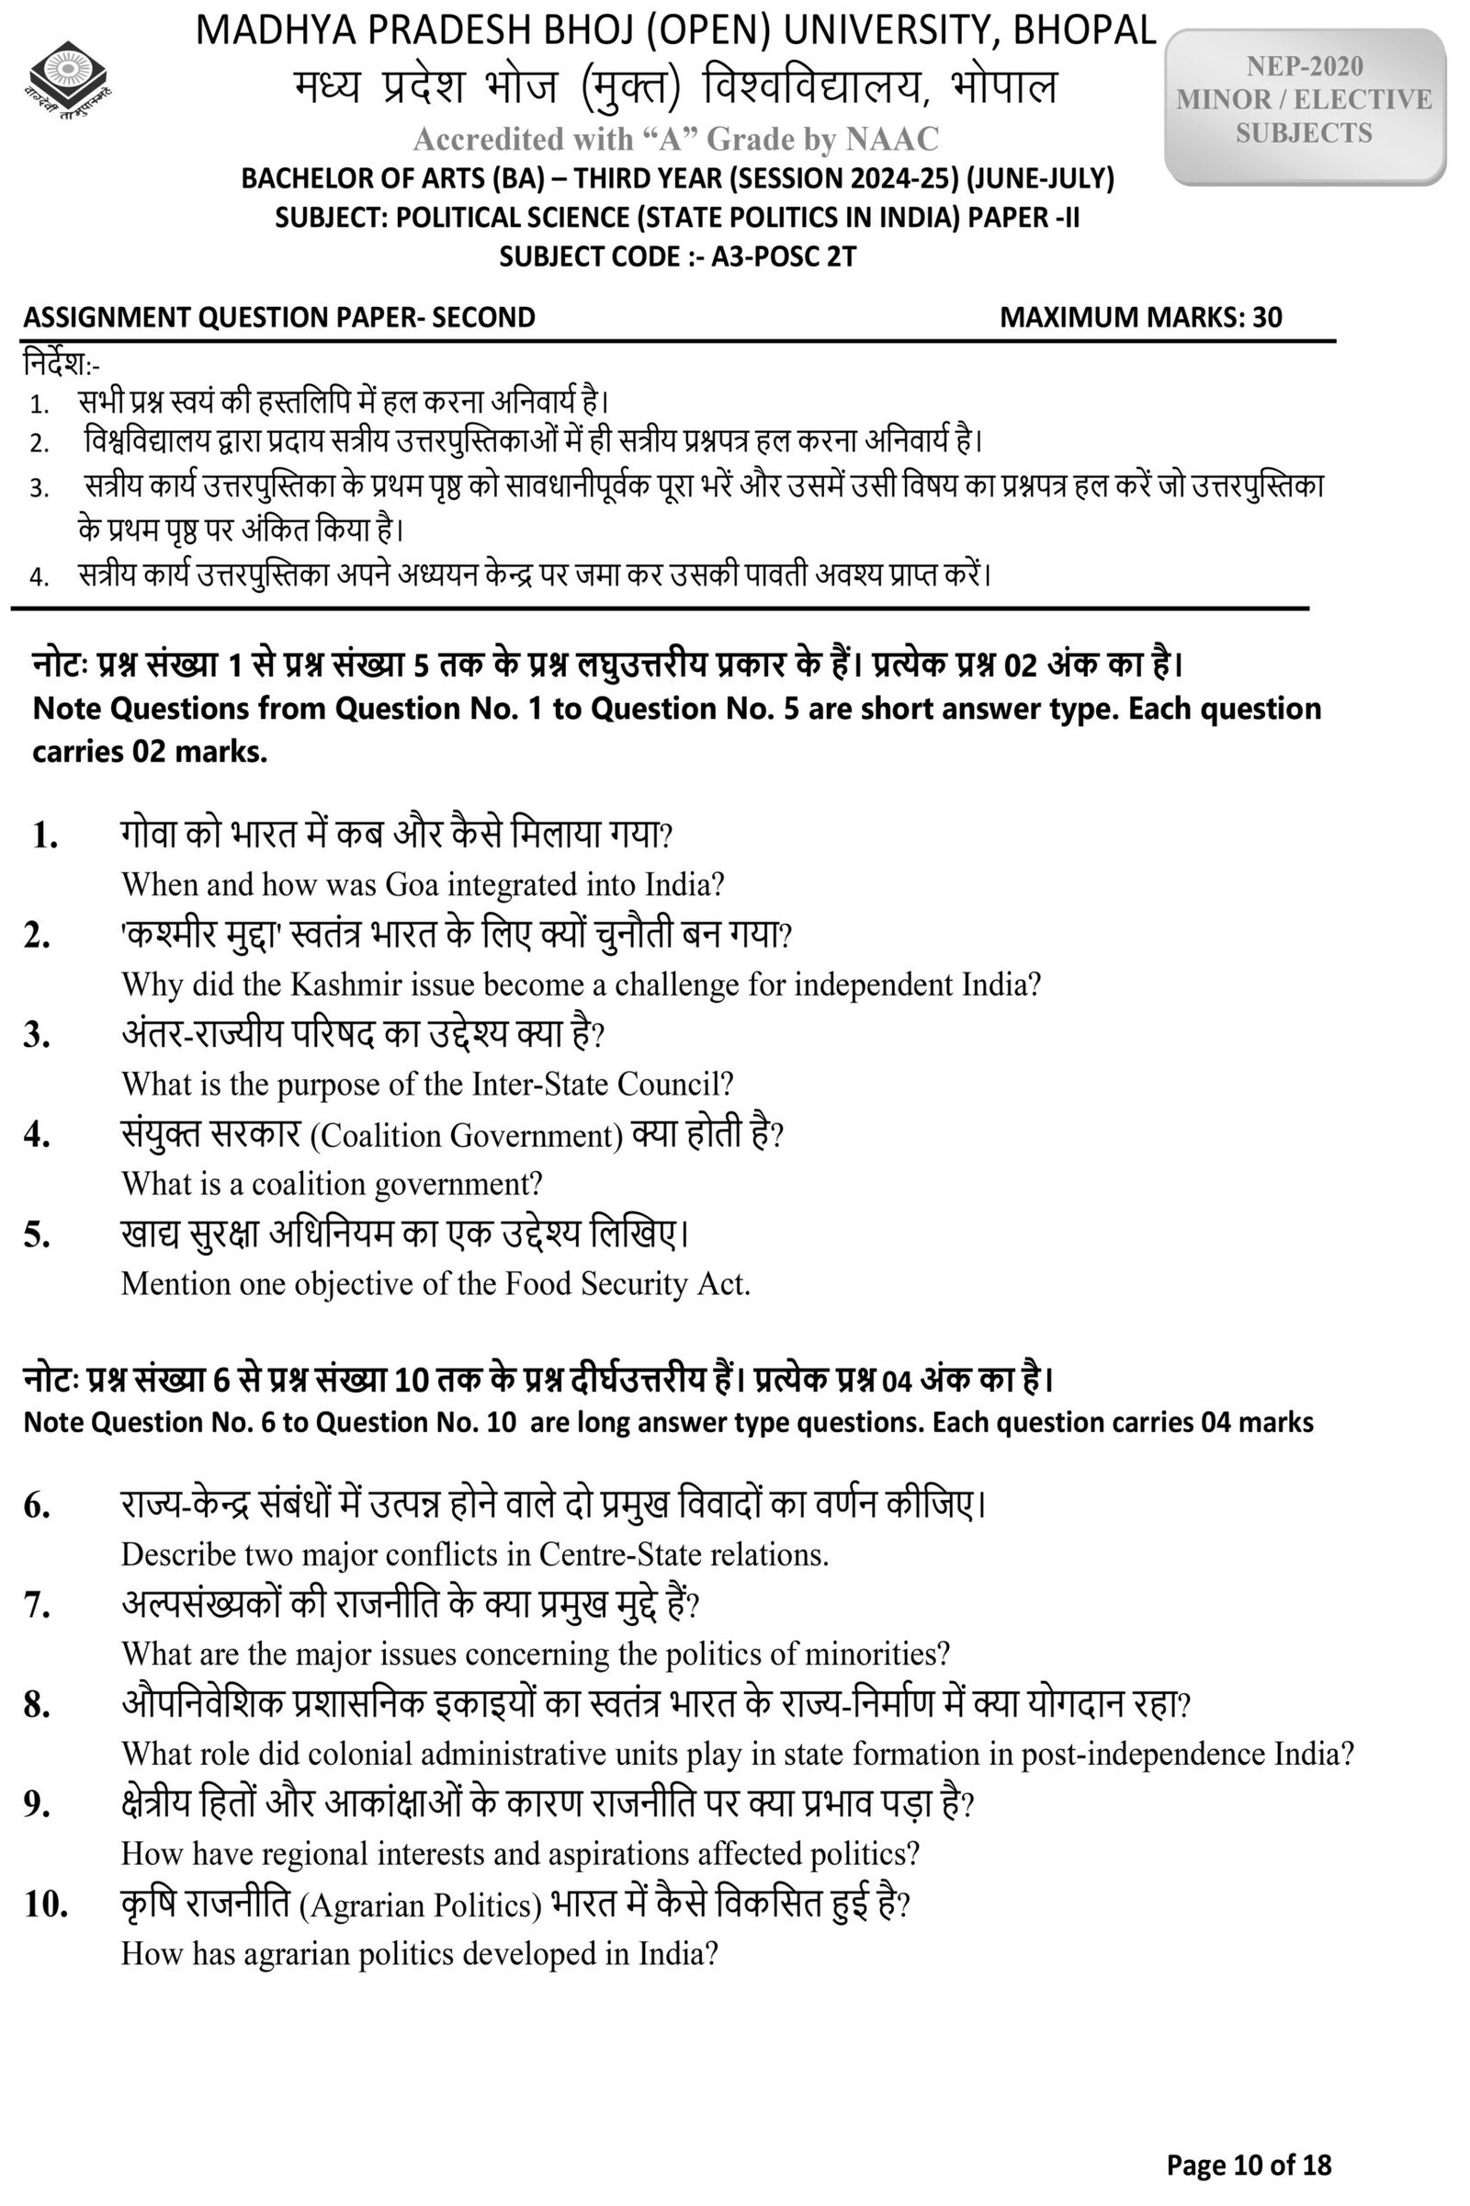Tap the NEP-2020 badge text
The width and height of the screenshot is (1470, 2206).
tap(1304, 66)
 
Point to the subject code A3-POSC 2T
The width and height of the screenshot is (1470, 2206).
tap(784, 256)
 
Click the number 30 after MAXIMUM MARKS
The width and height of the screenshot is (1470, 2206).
tap(1267, 317)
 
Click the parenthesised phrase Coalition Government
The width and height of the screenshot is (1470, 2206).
tap(466, 1136)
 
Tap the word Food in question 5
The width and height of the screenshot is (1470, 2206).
tap(538, 1284)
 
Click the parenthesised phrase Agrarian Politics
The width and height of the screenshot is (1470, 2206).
tap(421, 1905)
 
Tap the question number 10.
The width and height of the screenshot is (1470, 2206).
tap(45, 1905)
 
